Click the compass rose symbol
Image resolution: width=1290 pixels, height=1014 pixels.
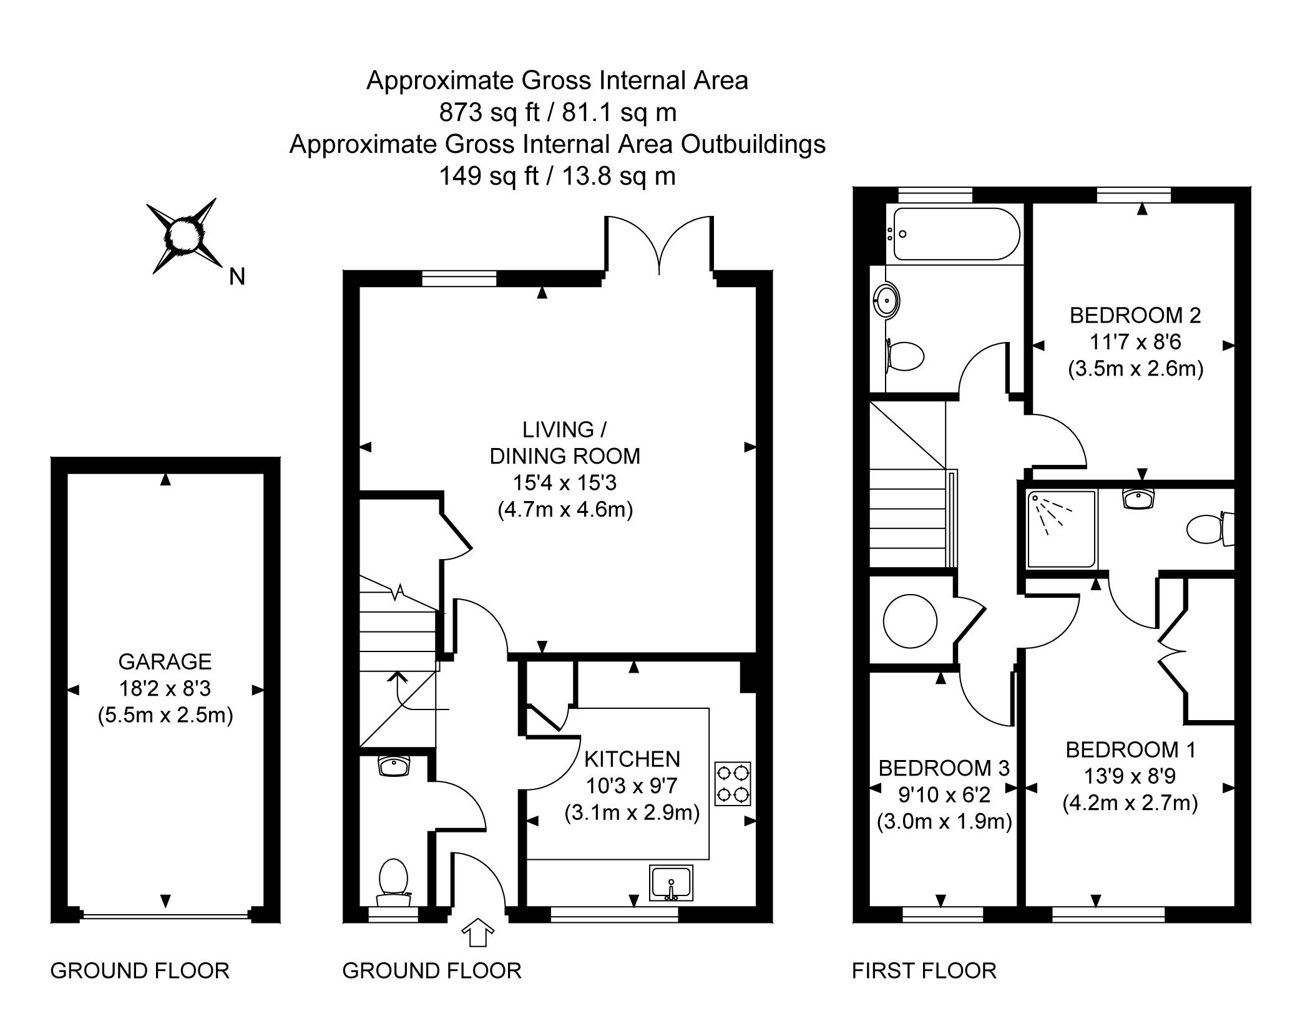click(x=185, y=236)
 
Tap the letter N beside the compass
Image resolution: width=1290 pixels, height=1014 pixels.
click(x=237, y=276)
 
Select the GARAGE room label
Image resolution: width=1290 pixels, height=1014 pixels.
click(x=165, y=661)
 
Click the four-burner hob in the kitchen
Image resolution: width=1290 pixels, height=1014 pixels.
click(x=733, y=784)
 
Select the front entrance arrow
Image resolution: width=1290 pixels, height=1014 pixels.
click(x=477, y=933)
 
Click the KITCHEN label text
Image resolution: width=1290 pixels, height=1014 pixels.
click(x=632, y=759)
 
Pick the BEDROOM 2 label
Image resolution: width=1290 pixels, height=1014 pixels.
click(x=1135, y=315)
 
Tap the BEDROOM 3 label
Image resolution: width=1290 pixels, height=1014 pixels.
click(x=944, y=768)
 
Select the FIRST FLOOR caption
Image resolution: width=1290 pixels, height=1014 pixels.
click(x=924, y=971)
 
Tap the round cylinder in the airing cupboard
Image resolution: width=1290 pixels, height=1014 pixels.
click(x=910, y=622)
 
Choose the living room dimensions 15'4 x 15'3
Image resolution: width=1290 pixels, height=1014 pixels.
click(x=565, y=483)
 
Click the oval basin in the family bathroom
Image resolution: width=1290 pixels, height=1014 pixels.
click(x=887, y=302)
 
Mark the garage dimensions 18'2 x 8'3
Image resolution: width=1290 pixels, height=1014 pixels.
click(x=165, y=688)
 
